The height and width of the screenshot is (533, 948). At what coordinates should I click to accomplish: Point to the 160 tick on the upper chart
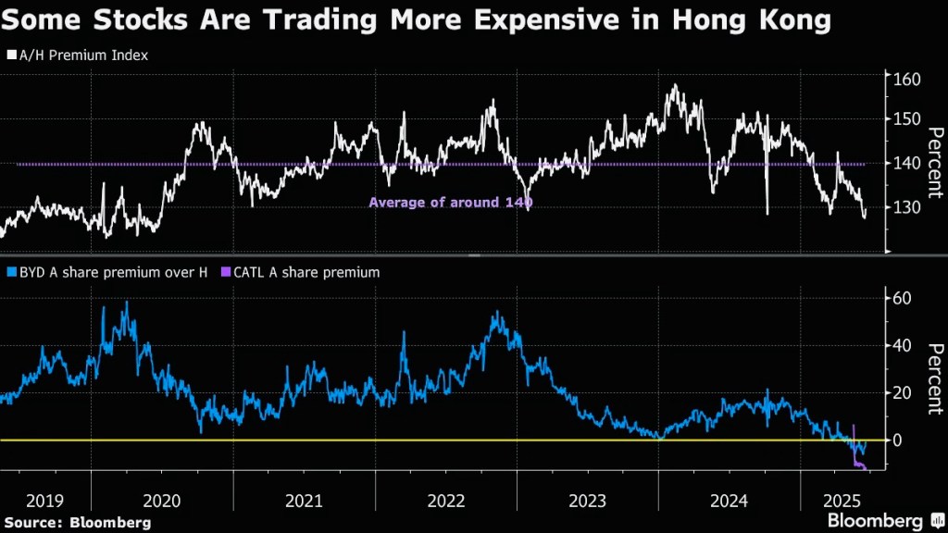pyautogui.click(x=905, y=80)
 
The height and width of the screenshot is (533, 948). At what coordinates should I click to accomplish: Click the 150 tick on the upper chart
pyautogui.click(x=905, y=119)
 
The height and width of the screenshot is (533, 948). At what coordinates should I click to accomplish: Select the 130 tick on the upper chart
pyautogui.click(x=905, y=207)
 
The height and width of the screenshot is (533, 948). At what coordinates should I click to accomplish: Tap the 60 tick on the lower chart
pyautogui.click(x=902, y=298)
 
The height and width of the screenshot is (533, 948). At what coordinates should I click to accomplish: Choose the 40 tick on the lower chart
pyautogui.click(x=902, y=345)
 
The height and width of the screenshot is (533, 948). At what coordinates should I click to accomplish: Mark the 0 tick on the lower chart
pyautogui.click(x=896, y=440)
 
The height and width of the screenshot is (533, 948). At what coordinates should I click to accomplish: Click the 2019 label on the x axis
pyautogui.click(x=44, y=501)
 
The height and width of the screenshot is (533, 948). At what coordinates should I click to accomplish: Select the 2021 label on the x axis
pyautogui.click(x=305, y=501)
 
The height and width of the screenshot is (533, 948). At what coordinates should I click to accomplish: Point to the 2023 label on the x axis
pyautogui.click(x=587, y=501)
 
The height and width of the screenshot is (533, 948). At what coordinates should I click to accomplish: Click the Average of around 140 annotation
pyautogui.click(x=451, y=203)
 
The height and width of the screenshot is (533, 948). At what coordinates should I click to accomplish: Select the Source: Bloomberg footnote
pyautogui.click(x=77, y=523)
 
